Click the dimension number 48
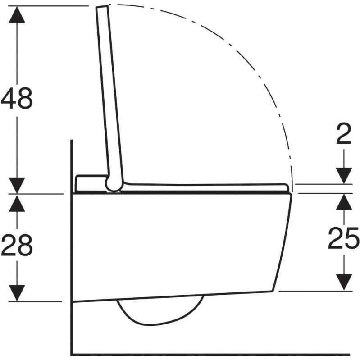(17, 98)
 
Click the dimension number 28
(17, 245)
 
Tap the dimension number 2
(344, 134)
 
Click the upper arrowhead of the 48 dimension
(17, 14)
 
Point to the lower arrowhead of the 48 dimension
(17, 186)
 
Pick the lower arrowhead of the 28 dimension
(17, 293)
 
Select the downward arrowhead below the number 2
(344, 176)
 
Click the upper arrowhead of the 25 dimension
(344, 202)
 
